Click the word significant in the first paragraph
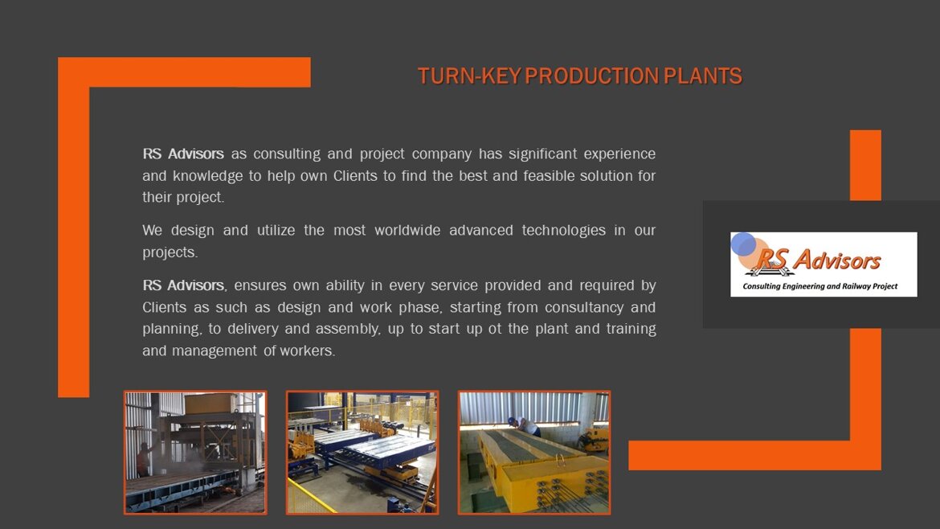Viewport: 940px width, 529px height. click(x=542, y=154)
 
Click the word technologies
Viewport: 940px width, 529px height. click(x=563, y=231)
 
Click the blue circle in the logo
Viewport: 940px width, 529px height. click(x=743, y=244)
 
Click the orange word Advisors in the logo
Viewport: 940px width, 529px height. click(x=837, y=261)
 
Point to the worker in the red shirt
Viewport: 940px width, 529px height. click(x=143, y=459)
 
